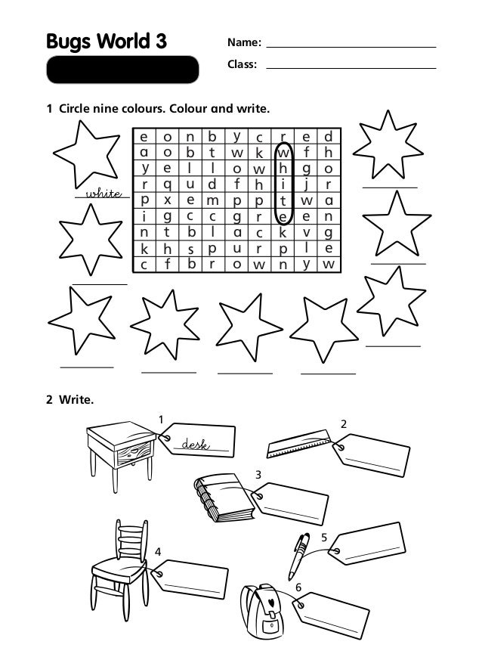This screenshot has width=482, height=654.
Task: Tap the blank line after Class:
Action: tap(351, 67)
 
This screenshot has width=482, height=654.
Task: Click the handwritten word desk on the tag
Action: tap(195, 445)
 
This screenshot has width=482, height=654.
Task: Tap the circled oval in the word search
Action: tap(283, 184)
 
